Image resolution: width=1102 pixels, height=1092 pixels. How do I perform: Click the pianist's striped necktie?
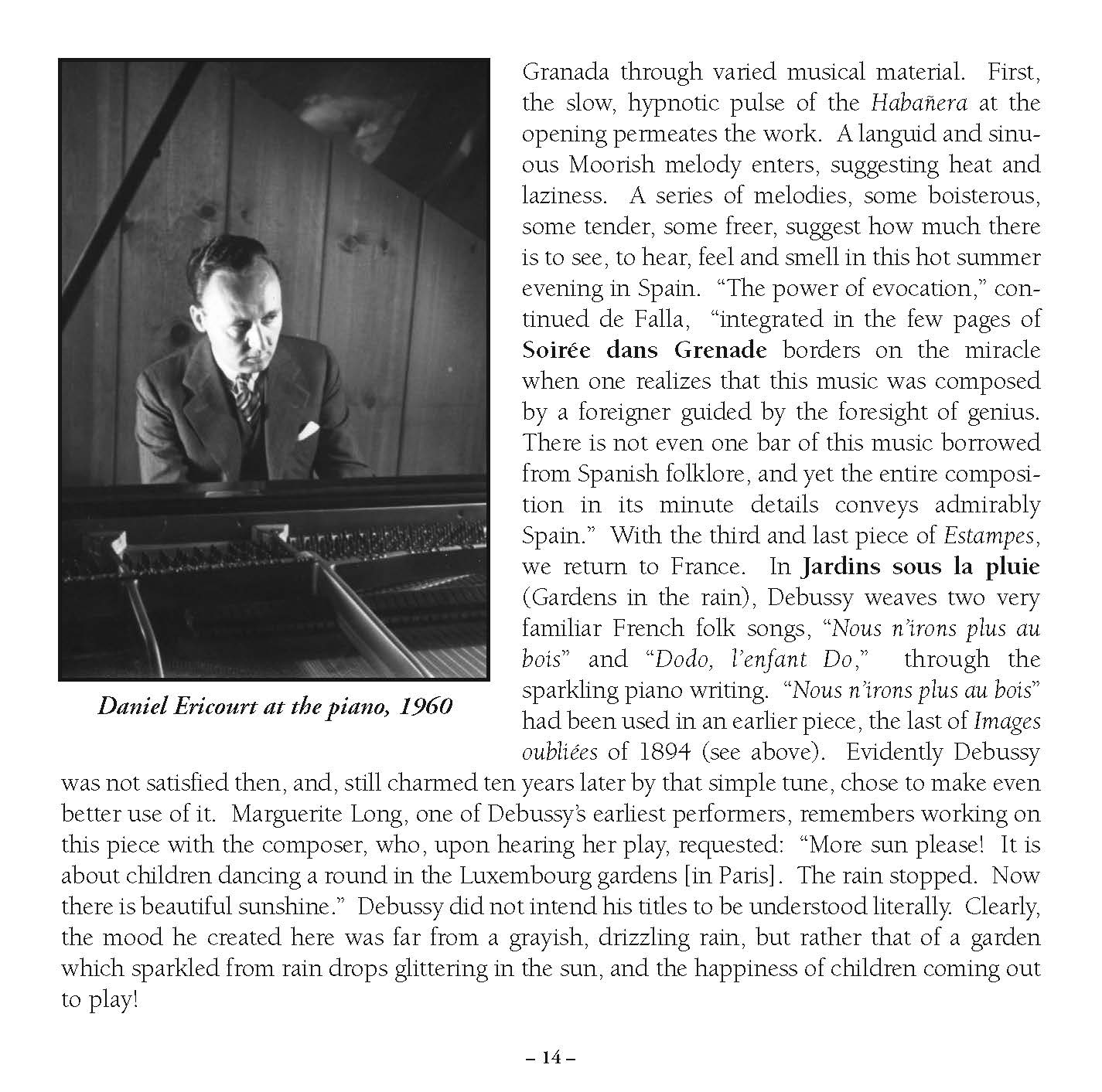point(248,398)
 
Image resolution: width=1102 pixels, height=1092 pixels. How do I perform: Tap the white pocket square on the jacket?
point(309,431)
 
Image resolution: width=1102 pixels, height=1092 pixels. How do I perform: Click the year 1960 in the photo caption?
point(424,706)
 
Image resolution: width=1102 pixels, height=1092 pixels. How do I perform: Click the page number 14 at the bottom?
point(551,1057)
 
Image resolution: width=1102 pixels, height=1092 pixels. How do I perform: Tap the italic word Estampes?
point(989,536)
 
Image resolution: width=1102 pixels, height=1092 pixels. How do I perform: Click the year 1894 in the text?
point(664,752)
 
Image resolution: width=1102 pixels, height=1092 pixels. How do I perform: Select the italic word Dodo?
point(674,659)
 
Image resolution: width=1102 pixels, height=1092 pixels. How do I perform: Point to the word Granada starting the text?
point(568,72)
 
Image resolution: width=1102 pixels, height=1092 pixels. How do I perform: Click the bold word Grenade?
point(720,350)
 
